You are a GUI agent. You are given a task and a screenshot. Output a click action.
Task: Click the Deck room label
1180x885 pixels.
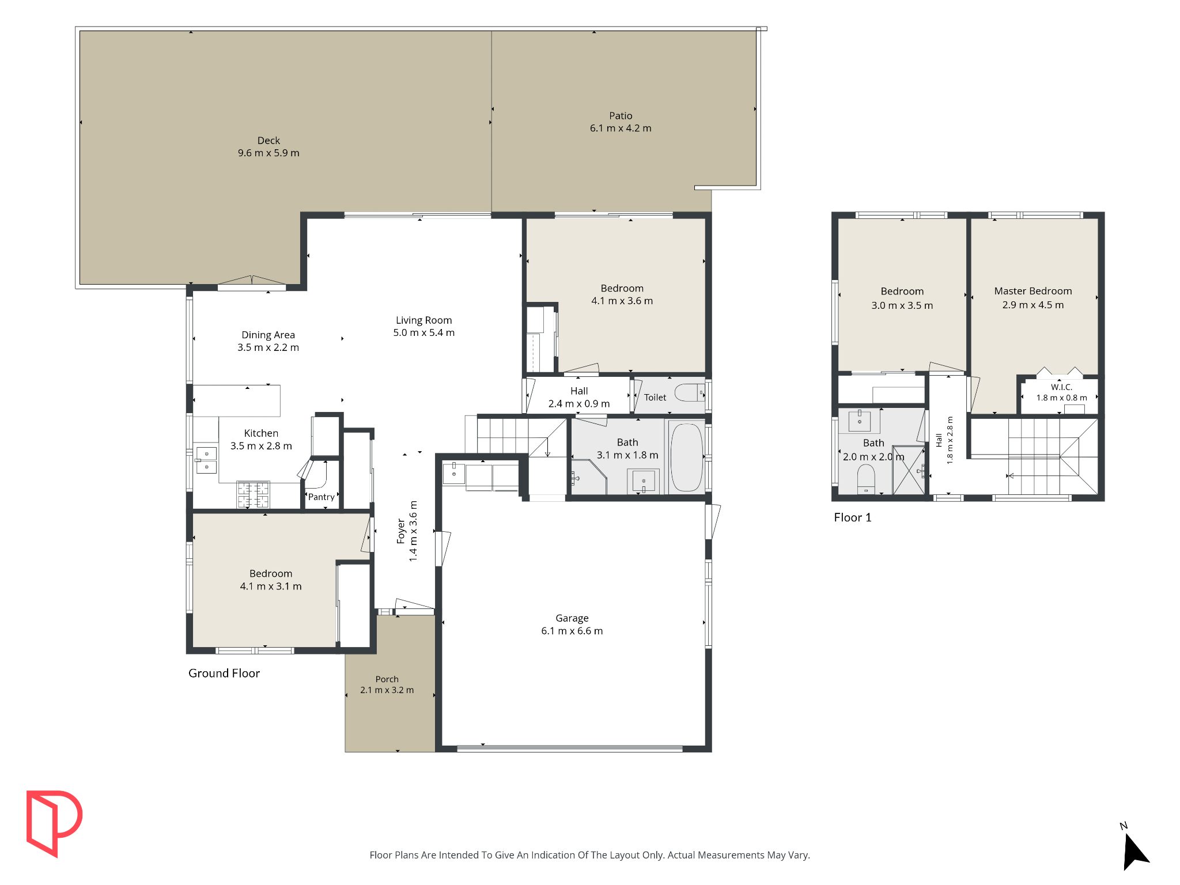[268, 141]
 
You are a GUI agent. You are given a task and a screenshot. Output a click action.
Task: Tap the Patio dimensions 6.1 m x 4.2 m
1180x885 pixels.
[621, 128]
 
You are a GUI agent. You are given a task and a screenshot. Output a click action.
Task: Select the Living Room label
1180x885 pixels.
[423, 320]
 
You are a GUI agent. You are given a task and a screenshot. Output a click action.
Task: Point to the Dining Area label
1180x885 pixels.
[268, 335]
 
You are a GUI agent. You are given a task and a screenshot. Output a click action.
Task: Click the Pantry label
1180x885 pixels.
[321, 497]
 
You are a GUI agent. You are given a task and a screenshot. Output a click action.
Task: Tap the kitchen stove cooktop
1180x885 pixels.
[253, 494]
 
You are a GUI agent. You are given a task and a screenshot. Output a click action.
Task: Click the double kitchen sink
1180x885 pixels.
[206, 460]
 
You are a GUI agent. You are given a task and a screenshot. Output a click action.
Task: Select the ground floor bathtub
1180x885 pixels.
[686, 457]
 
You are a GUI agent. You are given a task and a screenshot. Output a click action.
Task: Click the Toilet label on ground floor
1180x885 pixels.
[655, 398]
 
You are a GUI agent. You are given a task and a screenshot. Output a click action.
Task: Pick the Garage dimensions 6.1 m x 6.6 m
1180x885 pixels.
[572, 631]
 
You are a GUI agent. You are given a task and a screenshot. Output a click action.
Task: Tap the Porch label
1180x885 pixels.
[387, 679]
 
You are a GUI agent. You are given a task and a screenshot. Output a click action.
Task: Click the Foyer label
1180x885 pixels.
[401, 531]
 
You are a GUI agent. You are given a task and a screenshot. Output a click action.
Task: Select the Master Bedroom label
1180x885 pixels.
[1033, 291]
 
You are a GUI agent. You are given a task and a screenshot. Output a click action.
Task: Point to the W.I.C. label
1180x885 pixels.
[1061, 387]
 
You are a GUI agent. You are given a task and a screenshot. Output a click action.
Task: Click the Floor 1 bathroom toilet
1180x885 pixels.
[866, 479]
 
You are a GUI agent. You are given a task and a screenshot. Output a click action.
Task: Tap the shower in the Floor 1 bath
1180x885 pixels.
[909, 470]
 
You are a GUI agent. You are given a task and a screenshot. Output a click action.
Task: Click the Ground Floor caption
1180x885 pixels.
[224, 673]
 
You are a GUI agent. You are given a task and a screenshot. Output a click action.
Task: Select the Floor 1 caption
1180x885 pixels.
[853, 517]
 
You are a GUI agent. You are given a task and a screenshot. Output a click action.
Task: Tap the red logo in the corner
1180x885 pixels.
[54, 823]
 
